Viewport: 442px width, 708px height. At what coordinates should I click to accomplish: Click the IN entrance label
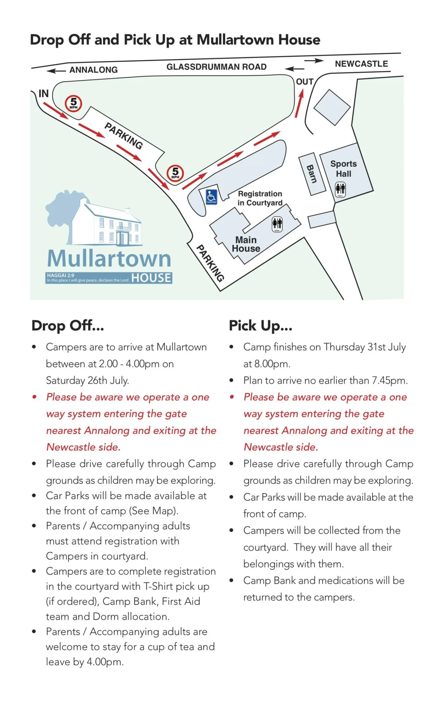coord(44,94)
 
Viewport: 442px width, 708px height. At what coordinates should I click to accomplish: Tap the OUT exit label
coord(305,82)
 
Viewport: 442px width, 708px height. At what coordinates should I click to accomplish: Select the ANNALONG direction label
coord(93,70)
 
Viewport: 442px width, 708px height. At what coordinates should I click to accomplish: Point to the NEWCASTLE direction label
coord(361,64)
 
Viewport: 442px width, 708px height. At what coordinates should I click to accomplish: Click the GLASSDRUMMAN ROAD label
coord(216,67)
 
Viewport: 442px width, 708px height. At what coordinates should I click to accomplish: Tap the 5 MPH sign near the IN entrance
coord(73,103)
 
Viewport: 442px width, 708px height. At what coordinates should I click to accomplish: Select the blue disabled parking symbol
coord(211,197)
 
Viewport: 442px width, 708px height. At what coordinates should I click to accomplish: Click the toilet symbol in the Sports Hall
coord(340,190)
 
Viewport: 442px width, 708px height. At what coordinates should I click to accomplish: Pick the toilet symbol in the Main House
coord(277,224)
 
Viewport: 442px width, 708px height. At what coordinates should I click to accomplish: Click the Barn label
coord(312,174)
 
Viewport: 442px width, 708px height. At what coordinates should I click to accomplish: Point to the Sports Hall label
coord(343,169)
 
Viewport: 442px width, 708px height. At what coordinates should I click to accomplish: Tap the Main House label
coord(246,244)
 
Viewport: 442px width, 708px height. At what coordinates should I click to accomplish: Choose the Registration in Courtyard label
coord(260,198)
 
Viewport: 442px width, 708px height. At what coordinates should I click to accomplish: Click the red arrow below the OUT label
coord(299,104)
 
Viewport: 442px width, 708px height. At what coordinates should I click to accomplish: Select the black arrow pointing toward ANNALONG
coord(56,70)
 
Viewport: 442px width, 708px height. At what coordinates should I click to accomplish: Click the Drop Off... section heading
coord(68,326)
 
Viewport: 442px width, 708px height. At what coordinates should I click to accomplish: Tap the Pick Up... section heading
coord(260,326)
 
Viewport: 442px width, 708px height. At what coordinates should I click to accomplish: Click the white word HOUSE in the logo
coord(151,278)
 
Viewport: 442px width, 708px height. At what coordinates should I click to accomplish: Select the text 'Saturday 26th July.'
coord(87,380)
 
